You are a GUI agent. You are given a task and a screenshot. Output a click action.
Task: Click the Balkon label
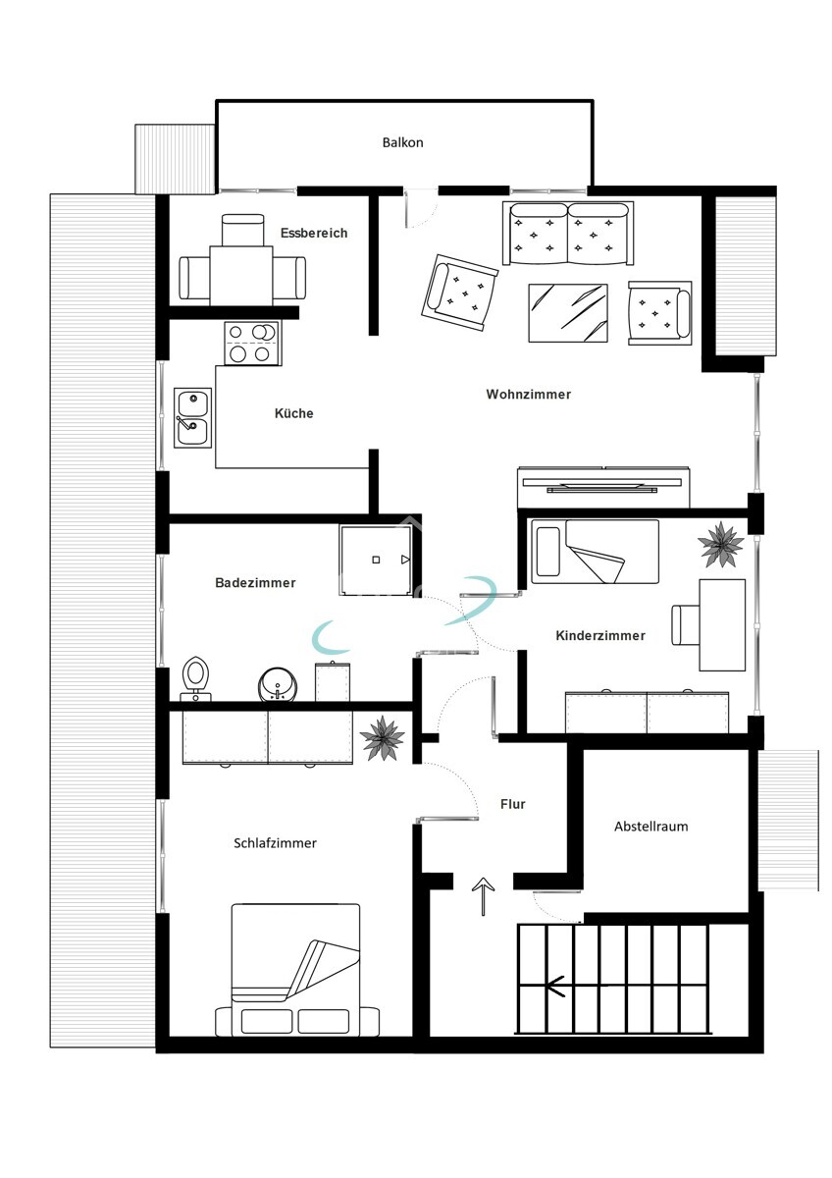point(402,142)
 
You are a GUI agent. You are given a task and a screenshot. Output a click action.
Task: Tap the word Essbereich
point(314,233)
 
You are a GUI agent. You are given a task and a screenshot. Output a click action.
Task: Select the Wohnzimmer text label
point(528,394)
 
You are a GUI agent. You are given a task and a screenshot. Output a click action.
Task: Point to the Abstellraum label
point(650,826)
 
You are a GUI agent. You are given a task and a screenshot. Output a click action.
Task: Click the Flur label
point(512,804)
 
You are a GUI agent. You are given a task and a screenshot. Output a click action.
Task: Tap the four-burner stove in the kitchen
point(251,343)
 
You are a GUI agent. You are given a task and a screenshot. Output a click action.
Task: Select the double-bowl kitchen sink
point(193,417)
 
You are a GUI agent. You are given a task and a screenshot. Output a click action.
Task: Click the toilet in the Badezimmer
point(196,676)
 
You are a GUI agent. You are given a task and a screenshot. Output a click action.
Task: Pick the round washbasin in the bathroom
point(277,684)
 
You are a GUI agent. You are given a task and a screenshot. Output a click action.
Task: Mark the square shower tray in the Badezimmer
point(376,560)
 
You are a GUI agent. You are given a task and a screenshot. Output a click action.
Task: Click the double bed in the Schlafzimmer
point(295,970)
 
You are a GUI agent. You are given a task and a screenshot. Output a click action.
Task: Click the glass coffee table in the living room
point(568,312)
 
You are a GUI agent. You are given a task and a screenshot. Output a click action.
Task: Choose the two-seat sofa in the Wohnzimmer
point(568,234)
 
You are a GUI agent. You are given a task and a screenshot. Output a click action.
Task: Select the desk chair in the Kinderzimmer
point(684,625)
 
